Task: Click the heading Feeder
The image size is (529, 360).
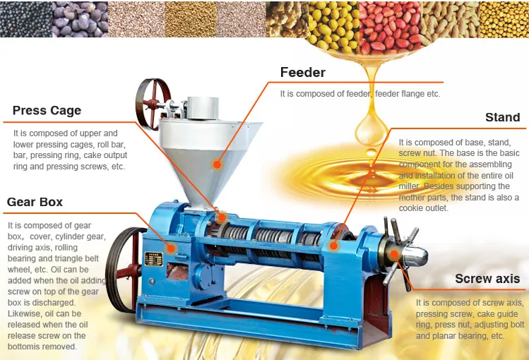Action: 302,73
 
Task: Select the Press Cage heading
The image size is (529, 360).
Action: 47,110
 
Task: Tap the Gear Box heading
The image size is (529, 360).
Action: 35,202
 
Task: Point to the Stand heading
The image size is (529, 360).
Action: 502,117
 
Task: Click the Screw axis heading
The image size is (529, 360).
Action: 487,279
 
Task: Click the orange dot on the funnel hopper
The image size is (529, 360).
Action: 218,164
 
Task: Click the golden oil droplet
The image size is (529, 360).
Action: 366,127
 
